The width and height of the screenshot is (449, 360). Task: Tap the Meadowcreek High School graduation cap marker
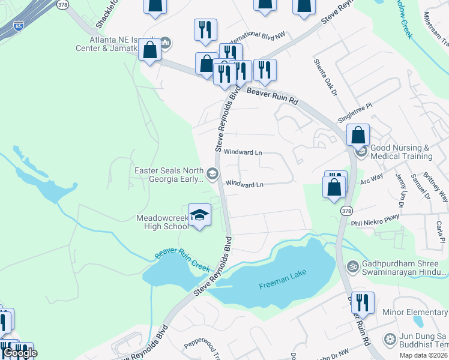click(199, 215)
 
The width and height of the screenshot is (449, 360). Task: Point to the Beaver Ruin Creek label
click(181, 257)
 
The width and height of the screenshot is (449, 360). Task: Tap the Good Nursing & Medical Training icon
click(361, 152)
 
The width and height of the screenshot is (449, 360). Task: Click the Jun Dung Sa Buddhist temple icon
click(390, 339)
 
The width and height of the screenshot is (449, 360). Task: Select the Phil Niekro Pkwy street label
click(375, 220)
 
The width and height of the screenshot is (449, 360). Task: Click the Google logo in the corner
click(20, 353)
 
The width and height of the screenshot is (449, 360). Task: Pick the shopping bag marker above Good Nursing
click(358, 135)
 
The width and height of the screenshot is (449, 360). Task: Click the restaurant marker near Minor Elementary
click(363, 302)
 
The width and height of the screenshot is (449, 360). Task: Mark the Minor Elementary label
click(415, 313)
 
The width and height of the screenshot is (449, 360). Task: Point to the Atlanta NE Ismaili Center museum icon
click(166, 43)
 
